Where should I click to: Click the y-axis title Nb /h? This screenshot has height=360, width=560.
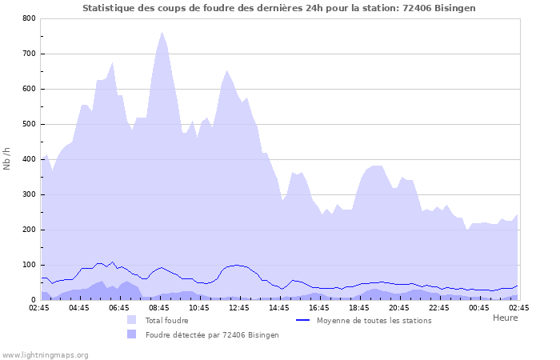tap(7, 159)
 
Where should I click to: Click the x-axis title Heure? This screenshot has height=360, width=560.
tap(505, 318)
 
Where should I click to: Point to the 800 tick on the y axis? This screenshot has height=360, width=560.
tap(29, 18)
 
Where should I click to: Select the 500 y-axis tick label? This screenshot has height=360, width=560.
tap(29, 124)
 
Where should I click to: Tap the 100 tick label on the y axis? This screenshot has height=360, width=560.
tap(29, 265)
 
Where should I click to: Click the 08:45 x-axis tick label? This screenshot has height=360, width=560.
tap(159, 307)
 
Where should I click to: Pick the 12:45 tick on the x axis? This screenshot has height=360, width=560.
tap(239, 307)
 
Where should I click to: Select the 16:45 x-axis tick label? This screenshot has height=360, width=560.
tap(319, 307)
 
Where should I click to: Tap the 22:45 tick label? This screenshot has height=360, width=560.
tap(439, 307)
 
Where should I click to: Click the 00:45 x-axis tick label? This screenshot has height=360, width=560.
tap(479, 307)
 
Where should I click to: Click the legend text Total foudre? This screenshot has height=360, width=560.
tap(166, 320)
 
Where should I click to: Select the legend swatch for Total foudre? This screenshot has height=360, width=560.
tap(131, 320)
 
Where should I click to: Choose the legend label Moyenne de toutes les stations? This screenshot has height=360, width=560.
tap(374, 320)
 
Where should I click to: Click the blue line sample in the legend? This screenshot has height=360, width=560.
tap(303, 320)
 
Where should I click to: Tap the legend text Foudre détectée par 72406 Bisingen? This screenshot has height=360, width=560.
tap(212, 334)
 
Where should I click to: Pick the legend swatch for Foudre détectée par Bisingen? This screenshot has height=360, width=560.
tap(131, 334)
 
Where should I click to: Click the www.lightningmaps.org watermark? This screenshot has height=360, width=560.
tap(45, 354)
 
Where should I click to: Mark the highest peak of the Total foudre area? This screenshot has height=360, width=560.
tap(162, 32)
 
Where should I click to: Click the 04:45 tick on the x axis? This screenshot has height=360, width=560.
tap(79, 307)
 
